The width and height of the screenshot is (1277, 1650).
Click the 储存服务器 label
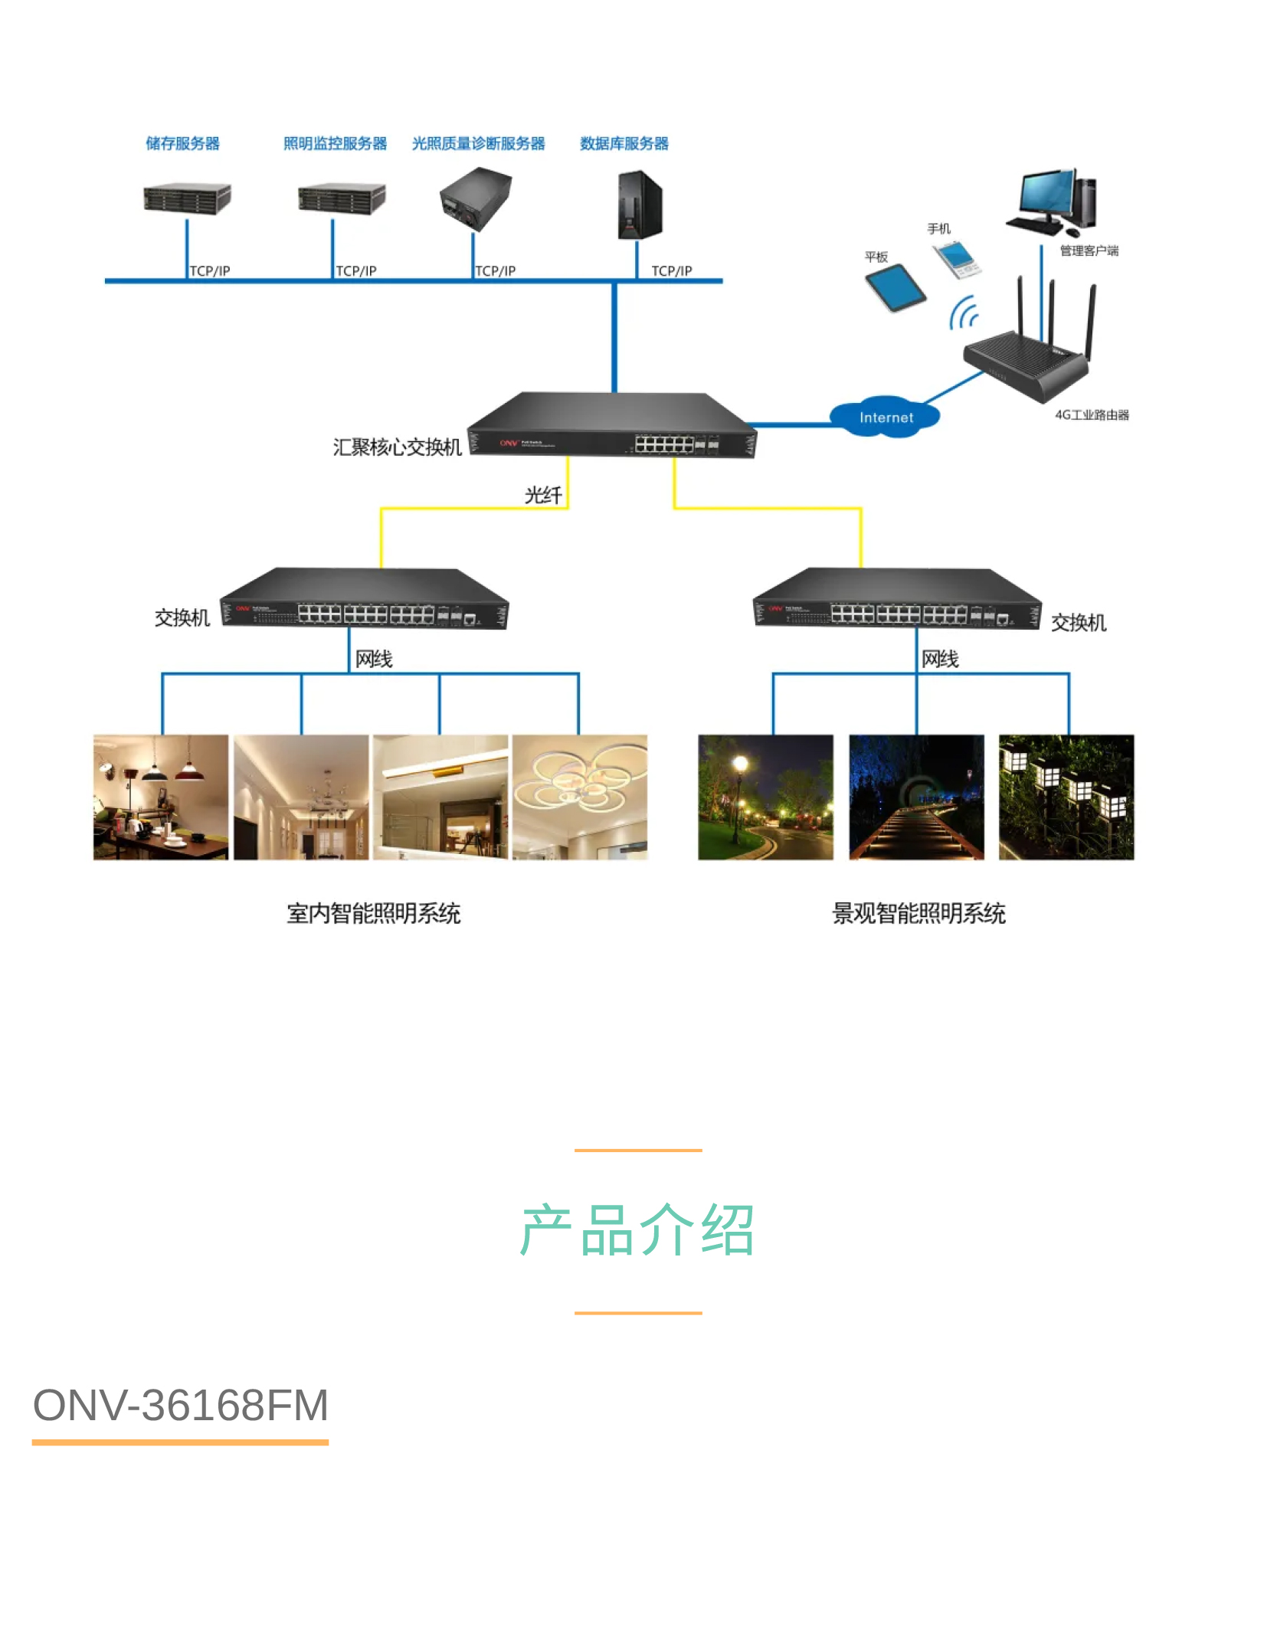[182, 143]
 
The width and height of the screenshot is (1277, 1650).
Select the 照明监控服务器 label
[335, 143]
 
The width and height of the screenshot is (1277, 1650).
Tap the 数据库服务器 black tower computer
[640, 205]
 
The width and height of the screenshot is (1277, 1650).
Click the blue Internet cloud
[885, 417]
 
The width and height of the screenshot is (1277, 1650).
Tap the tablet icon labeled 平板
[895, 287]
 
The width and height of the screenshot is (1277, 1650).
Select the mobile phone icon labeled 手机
[958, 259]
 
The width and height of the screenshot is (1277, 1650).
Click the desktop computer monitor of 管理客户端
[1046, 193]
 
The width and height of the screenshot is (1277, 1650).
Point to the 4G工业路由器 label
[1092, 415]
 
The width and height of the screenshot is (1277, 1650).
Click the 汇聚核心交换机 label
[397, 447]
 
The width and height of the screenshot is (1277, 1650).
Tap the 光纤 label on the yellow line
[543, 496]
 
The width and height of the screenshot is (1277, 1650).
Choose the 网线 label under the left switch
[374, 659]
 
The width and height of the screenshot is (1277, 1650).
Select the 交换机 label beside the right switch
[1078, 623]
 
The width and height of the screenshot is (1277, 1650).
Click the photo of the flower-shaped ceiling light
[580, 797]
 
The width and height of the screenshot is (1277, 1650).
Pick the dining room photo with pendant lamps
[161, 797]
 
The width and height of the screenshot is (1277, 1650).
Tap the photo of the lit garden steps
[916, 797]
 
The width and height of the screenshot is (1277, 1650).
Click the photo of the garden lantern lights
[1066, 797]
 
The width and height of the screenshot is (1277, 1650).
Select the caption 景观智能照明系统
[918, 913]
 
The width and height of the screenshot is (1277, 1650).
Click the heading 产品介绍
[637, 1230]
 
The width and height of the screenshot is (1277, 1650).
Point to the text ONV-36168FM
[181, 1406]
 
